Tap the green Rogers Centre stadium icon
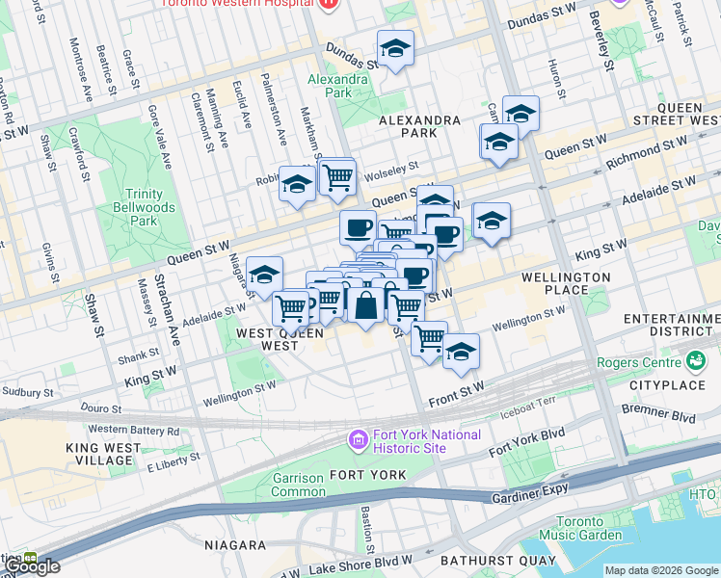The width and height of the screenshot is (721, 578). [696, 362]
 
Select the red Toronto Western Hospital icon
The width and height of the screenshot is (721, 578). [328, 4]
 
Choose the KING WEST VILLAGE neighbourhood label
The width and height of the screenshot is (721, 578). [110, 454]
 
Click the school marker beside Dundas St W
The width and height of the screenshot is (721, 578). [394, 49]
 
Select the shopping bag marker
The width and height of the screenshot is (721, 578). [365, 305]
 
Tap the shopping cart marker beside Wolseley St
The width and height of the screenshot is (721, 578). [337, 176]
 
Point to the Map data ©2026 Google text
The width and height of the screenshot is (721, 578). [662, 570]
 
